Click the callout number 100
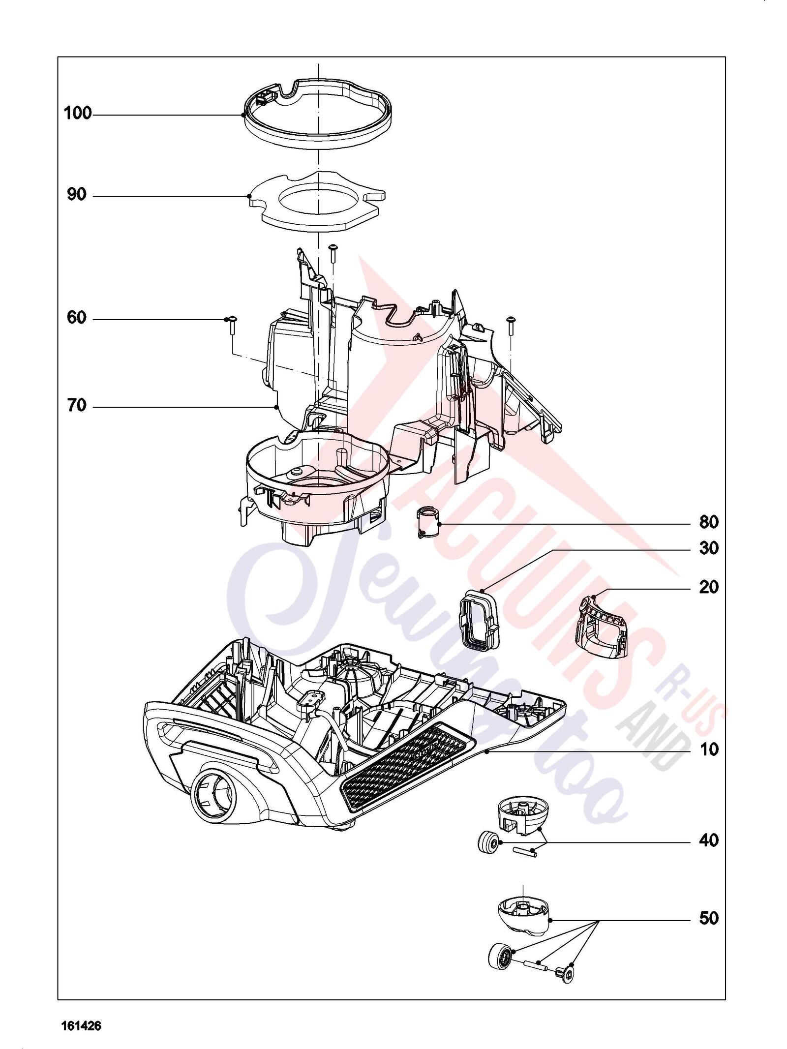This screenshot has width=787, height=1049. (x=78, y=114)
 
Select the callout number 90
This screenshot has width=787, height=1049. (x=77, y=195)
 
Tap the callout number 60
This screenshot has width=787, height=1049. (x=77, y=318)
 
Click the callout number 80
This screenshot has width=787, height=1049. (x=709, y=522)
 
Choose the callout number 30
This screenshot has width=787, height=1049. (x=709, y=548)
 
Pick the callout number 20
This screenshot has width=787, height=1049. (x=709, y=587)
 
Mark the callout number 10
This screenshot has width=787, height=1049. (x=709, y=750)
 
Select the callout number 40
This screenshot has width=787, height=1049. (x=709, y=840)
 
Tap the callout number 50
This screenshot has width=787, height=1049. (x=709, y=918)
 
